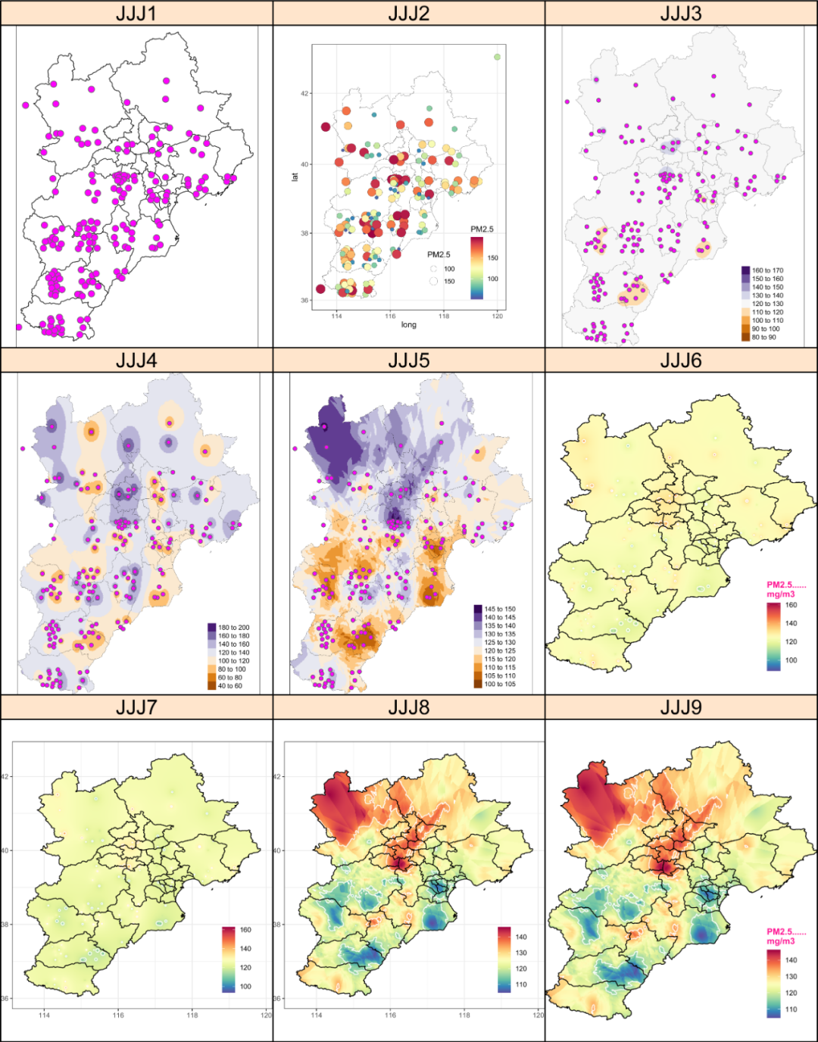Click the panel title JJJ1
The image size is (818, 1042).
tap(136, 13)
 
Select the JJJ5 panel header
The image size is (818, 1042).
tap(408, 360)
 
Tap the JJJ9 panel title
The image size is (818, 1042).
tap(680, 707)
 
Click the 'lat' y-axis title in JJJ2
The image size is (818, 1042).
tap(295, 176)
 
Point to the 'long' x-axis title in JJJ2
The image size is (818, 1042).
tap(408, 325)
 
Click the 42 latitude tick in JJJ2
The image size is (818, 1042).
tap(304, 94)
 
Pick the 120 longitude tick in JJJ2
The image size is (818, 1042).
tap(497, 316)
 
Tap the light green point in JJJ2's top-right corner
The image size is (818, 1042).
tap(497, 57)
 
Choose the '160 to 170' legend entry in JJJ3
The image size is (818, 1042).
tap(766, 270)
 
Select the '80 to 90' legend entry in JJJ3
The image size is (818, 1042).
tap(763, 337)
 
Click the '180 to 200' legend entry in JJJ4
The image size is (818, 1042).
tap(233, 628)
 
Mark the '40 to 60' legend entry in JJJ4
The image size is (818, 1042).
tap(229, 686)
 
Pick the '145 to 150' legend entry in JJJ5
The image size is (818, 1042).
tap(499, 609)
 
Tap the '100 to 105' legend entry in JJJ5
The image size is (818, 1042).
tap(499, 684)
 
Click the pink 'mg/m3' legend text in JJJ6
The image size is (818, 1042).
tap(780, 594)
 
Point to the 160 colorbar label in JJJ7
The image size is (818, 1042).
tap(245, 930)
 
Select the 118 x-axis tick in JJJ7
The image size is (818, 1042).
tap(192, 1015)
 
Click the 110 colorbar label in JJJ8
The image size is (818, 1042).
tap(521, 984)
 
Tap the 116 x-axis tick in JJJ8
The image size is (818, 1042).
tap(390, 1015)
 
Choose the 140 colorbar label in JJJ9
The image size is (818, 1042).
tap(791, 959)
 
